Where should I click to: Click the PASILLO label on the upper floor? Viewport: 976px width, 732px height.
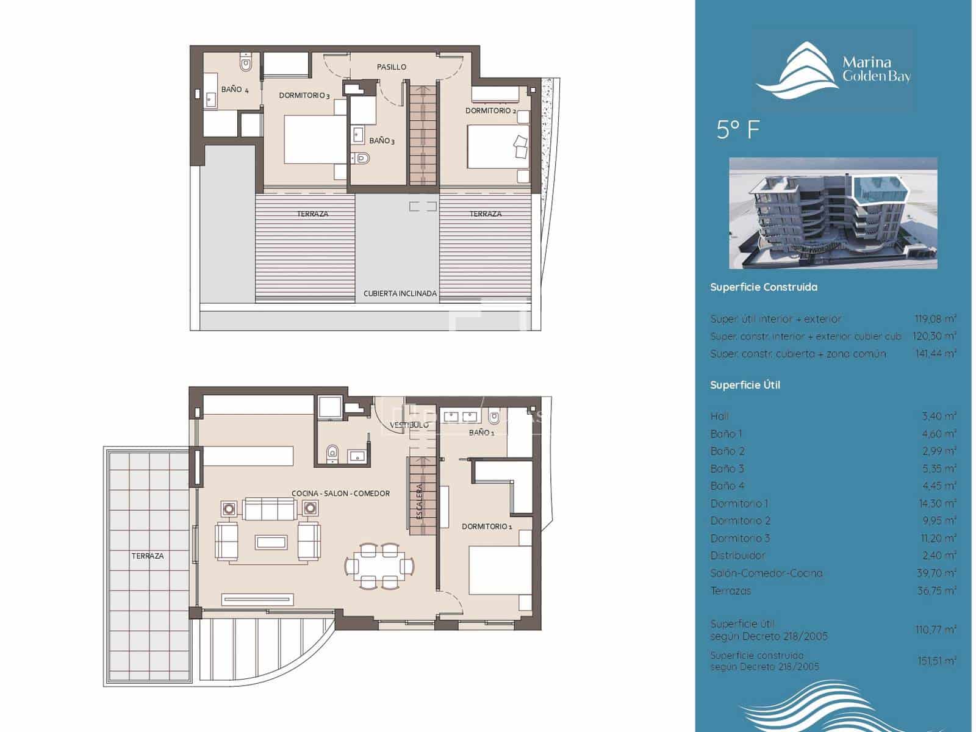[391, 67]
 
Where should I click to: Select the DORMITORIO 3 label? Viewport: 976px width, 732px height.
[304, 96]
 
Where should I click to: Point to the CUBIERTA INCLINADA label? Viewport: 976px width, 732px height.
[400, 293]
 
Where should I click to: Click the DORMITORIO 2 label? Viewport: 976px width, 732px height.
[490, 111]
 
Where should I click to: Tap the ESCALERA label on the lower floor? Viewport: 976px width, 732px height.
[420, 501]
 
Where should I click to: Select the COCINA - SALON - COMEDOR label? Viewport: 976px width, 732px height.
[340, 493]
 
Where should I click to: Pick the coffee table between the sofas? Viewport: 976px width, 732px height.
[271, 542]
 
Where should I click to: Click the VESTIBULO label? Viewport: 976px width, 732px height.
[409, 425]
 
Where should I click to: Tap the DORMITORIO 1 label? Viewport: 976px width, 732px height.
[487, 526]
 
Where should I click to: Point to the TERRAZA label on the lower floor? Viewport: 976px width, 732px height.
[148, 556]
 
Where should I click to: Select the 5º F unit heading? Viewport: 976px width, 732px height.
[738, 130]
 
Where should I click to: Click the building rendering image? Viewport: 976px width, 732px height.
[833, 213]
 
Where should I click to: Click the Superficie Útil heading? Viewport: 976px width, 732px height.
[745, 385]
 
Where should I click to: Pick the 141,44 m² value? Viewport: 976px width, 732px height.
[935, 354]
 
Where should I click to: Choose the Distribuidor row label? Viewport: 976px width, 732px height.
[737, 556]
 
